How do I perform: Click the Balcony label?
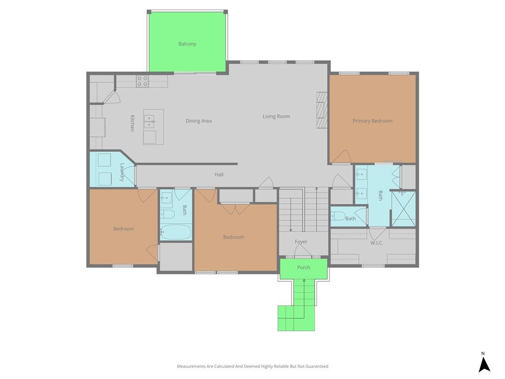187,44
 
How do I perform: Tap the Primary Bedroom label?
372,121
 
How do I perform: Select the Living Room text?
276,116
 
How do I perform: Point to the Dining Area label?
198,121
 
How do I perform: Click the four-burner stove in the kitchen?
143,81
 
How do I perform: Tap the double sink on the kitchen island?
148,121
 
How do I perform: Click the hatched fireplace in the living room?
322,110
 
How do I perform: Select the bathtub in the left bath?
176,232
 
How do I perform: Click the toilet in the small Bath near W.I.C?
338,216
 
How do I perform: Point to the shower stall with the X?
403,209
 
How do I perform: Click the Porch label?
303,267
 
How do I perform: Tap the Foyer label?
301,242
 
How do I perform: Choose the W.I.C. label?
376,243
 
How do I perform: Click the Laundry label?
122,172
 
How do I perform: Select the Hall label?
219,174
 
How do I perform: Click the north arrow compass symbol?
484,362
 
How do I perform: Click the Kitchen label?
132,123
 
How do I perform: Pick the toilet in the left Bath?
167,214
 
